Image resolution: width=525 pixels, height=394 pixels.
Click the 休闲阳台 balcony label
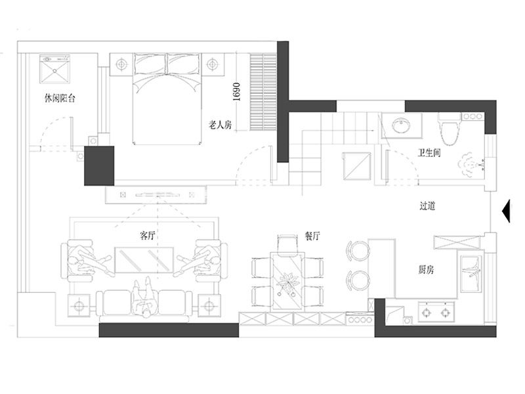point(60,98)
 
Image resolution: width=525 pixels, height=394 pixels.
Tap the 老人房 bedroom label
point(220,125)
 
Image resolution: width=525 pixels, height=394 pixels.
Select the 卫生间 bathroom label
point(429,153)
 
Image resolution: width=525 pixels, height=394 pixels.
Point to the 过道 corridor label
point(427,206)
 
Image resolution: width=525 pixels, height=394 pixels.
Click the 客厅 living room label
point(147,236)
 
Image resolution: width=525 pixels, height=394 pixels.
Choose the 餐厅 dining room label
point(312,236)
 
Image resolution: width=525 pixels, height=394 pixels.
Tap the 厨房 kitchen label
point(426,269)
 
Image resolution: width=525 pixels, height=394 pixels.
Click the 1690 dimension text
point(236,92)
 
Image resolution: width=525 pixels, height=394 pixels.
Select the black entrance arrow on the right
point(506,211)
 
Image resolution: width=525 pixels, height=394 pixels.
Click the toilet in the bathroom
point(450,129)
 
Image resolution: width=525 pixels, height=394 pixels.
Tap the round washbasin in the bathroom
point(401,125)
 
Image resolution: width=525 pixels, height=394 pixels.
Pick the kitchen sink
point(471,274)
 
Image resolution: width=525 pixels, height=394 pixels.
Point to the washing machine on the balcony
point(54,69)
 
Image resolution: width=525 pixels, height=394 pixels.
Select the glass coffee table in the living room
point(144,259)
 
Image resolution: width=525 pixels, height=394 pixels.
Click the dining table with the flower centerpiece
point(288,282)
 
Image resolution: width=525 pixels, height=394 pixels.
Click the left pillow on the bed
point(150,64)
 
